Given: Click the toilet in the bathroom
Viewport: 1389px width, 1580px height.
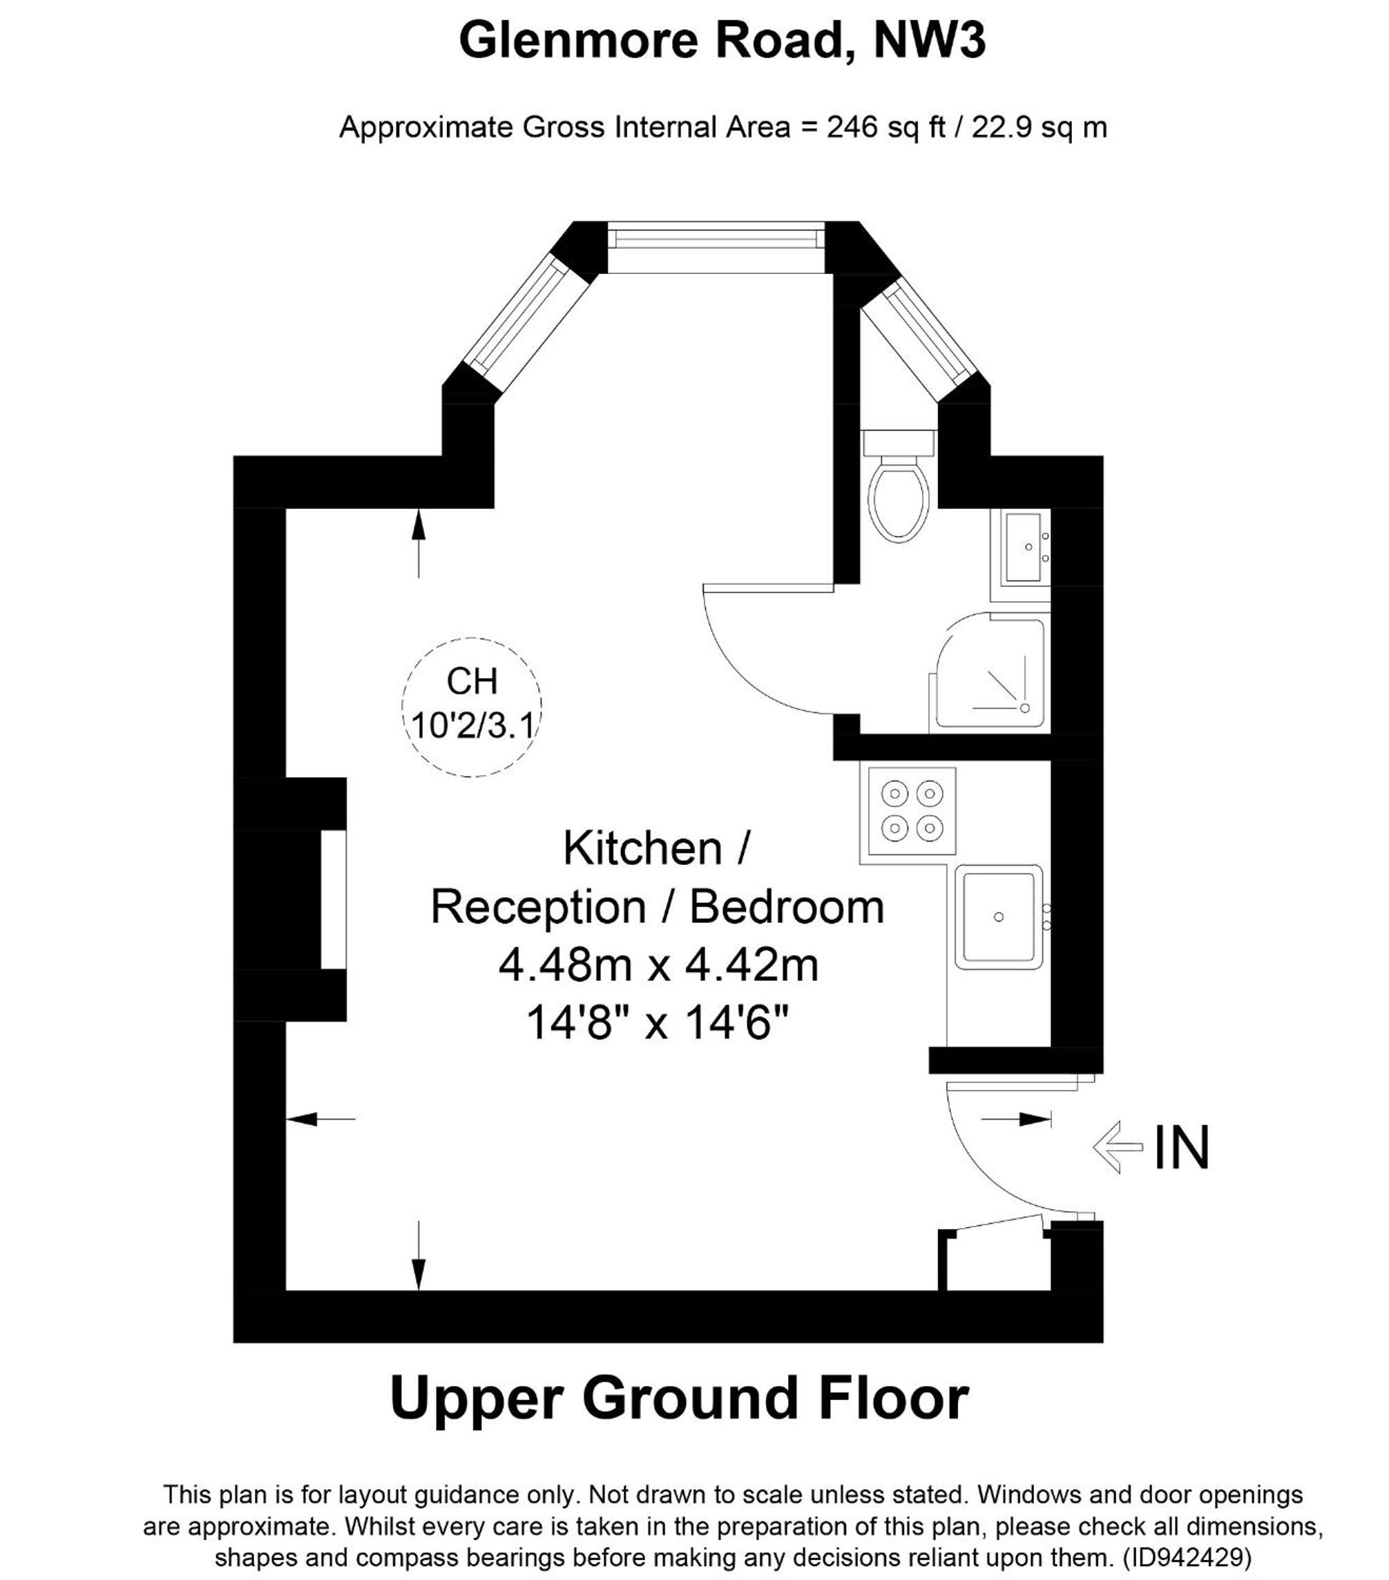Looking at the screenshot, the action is point(898,485).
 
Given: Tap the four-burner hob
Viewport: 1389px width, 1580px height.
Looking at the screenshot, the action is point(912,811).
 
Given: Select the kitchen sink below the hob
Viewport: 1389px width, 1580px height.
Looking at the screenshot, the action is point(999,917).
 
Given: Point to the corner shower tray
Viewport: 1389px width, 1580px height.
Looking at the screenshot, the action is point(990,672).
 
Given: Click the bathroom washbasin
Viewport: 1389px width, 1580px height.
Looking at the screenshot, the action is point(1026,547).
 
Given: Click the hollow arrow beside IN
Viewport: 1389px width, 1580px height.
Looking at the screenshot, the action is point(1118,1147).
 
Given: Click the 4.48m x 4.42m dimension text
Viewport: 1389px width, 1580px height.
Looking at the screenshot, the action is point(659,966).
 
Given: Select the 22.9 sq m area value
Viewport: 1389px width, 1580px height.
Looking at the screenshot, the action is point(1039,127).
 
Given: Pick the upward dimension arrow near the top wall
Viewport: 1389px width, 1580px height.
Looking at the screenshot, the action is point(419,543).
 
